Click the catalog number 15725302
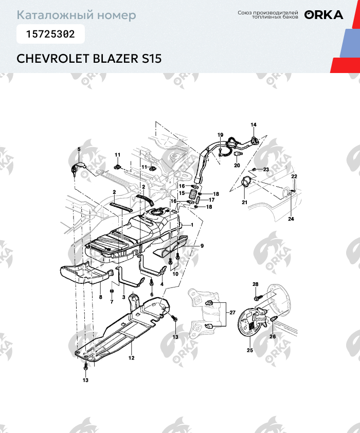(50, 34)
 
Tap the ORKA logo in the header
(323, 15)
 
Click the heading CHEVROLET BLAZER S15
(89, 58)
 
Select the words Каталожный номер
(77, 15)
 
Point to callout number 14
(253, 125)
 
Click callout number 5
(79, 149)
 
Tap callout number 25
(250, 351)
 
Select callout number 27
(232, 312)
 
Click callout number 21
(244, 203)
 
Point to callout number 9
(202, 246)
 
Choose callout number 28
(256, 284)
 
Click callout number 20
(237, 166)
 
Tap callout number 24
(291, 219)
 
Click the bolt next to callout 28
(257, 297)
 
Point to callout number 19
(220, 135)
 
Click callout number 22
(294, 176)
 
